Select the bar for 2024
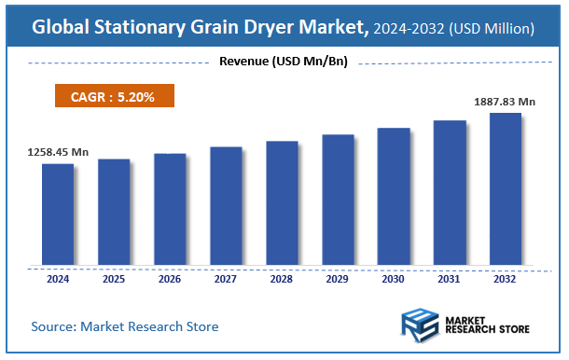pos(58,214)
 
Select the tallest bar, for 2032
pos(505,188)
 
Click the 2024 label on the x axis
pos(58,278)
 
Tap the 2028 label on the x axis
pos(282,278)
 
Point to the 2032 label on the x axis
pos(505,278)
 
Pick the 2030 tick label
pos(394,278)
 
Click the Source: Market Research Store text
pos(125,326)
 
